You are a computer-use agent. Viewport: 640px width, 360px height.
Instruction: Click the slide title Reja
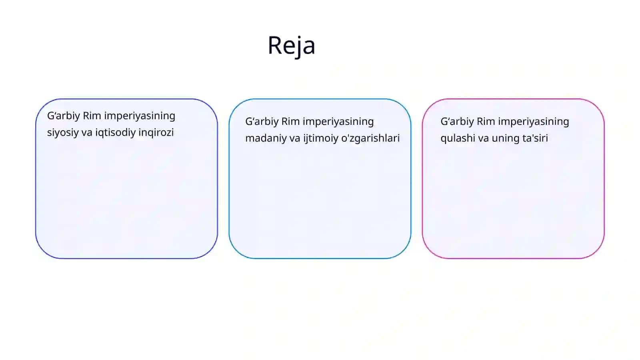[292, 46]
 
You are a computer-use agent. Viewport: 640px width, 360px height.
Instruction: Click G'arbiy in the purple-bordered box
[64, 116]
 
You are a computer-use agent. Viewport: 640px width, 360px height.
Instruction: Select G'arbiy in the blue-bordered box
[262, 122]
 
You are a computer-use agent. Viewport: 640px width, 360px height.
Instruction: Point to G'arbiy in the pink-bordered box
[457, 122]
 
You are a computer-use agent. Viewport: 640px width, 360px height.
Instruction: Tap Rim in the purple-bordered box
[92, 116]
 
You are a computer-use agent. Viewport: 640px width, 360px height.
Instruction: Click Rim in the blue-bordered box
[290, 122]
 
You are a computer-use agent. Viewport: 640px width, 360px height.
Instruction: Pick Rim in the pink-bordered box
[486, 122]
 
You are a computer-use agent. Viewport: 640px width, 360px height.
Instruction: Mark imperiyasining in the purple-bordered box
[140, 116]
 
